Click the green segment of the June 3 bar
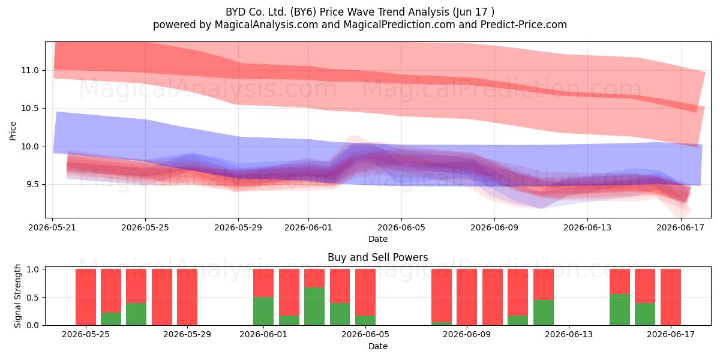[x=314, y=306]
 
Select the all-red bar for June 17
[x=671, y=297]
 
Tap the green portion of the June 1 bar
[x=263, y=311]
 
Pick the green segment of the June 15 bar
[x=620, y=310]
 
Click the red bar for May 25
[x=86, y=297]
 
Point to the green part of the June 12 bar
[x=544, y=313]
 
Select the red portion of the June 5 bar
[x=365, y=292]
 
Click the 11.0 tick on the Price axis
[x=30, y=70]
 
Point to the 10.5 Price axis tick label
[x=30, y=109]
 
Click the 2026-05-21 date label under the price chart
[x=52, y=227]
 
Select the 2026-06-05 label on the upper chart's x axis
[x=401, y=227]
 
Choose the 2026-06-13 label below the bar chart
[x=569, y=334]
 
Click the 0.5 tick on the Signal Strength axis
[x=32, y=298]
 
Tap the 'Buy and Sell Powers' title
[x=377, y=257]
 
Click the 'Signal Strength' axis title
[x=17, y=296]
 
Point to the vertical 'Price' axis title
[x=13, y=131]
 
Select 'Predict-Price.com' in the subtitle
[x=524, y=25]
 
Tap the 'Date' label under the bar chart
[x=377, y=346]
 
